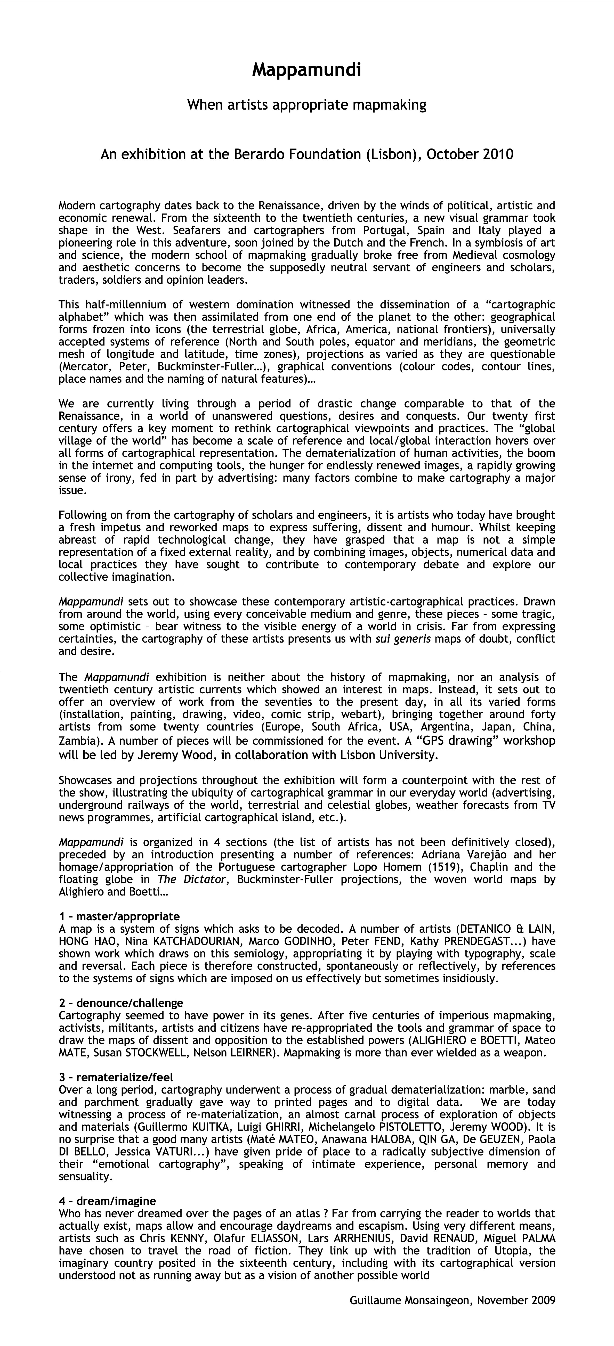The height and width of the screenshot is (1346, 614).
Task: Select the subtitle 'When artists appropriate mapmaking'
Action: coord(306,105)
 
